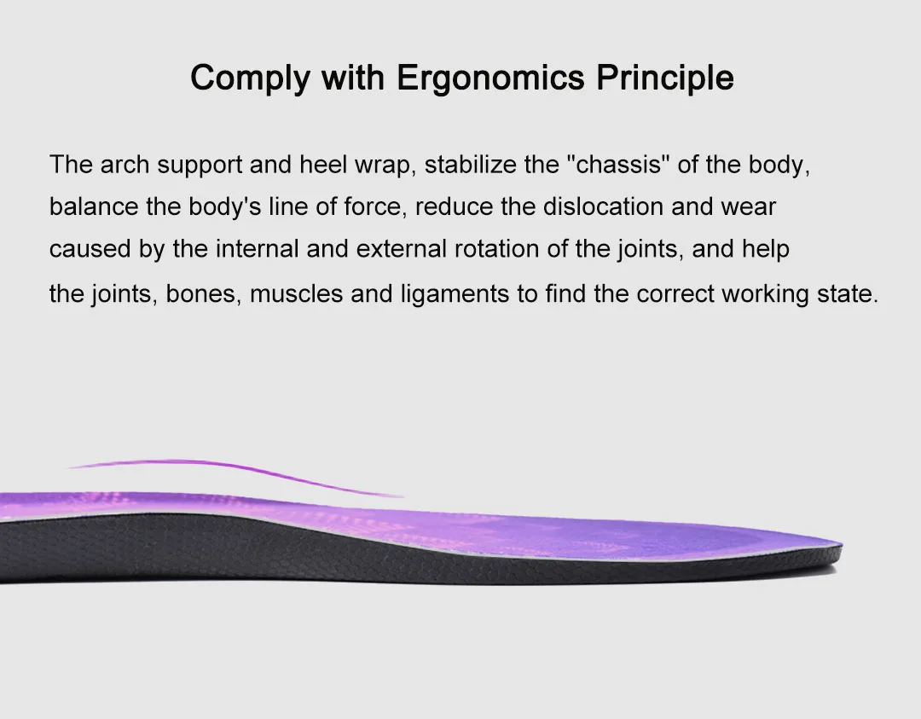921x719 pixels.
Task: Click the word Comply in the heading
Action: click(x=250, y=78)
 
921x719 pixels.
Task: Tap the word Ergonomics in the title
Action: click(x=490, y=78)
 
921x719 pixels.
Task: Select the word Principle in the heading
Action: click(x=665, y=78)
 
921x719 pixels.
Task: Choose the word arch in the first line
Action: click(x=125, y=165)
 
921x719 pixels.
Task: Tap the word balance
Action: click(x=94, y=206)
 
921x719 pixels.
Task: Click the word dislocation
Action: click(x=603, y=206)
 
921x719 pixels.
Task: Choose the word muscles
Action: click(x=296, y=293)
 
